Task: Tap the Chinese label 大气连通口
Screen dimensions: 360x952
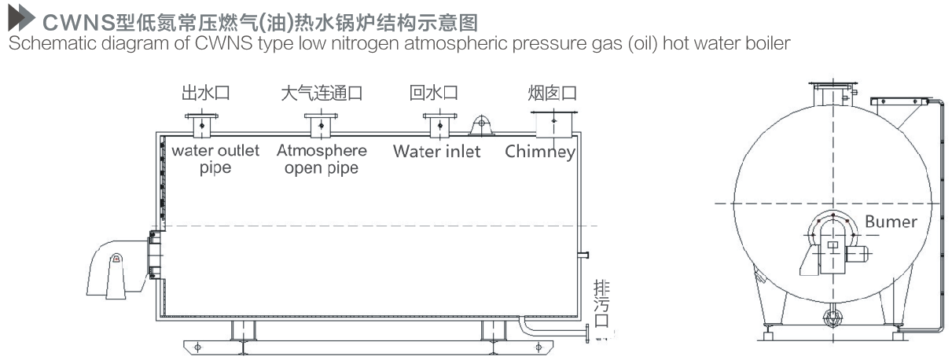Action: click(322, 93)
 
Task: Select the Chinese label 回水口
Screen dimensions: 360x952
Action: click(434, 93)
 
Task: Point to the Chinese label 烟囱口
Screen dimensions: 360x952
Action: click(552, 93)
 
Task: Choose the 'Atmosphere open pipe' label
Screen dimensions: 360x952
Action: click(322, 159)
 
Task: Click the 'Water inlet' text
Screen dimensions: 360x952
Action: click(436, 151)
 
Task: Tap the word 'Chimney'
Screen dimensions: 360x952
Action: click(540, 152)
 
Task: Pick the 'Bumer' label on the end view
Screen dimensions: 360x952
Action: click(891, 222)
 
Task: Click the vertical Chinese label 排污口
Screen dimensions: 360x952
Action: click(601, 304)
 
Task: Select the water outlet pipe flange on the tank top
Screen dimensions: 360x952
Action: click(203, 123)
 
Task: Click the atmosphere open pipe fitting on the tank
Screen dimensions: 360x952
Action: click(321, 123)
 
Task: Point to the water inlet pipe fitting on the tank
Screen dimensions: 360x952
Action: click(437, 123)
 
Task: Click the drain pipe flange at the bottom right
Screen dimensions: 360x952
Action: click(586, 334)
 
